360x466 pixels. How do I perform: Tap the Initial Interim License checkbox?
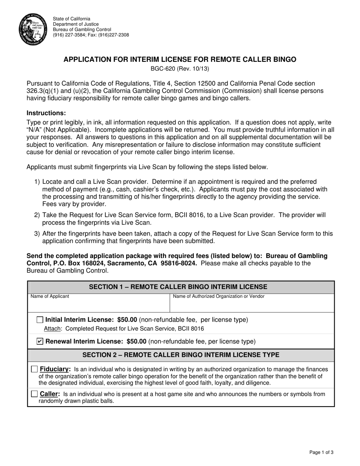pyautogui.click(x=40, y=320)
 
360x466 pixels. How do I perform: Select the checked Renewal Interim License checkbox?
pyautogui.click(x=40, y=341)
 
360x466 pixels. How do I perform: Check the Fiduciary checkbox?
pyautogui.click(x=34, y=369)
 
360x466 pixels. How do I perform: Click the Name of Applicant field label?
pyautogui.click(x=50, y=296)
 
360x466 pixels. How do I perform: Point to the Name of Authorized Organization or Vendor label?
pyautogui.click(x=219, y=296)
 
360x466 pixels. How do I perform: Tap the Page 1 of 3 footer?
pyautogui.click(x=321, y=452)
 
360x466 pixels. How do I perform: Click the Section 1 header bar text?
pyautogui.click(x=178, y=287)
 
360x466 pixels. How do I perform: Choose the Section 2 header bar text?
pyautogui.click(x=181, y=355)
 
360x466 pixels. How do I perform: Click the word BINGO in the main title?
pyautogui.click(x=283, y=59)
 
